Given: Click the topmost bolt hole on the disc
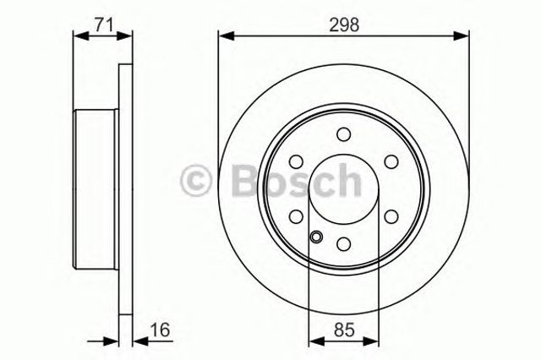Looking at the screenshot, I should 343,134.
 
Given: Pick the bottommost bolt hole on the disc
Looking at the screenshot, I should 343,243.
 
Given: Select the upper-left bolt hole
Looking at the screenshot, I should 296,161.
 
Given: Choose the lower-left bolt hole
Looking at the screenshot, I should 296,216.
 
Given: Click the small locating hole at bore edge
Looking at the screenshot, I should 315,237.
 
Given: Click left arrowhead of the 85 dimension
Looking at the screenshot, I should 314,342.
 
